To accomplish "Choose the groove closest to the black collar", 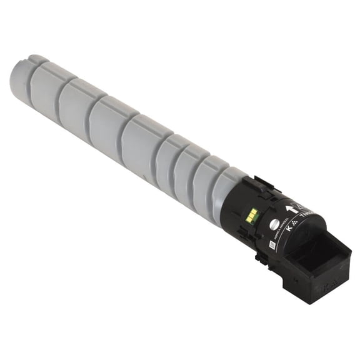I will point(213,187).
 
